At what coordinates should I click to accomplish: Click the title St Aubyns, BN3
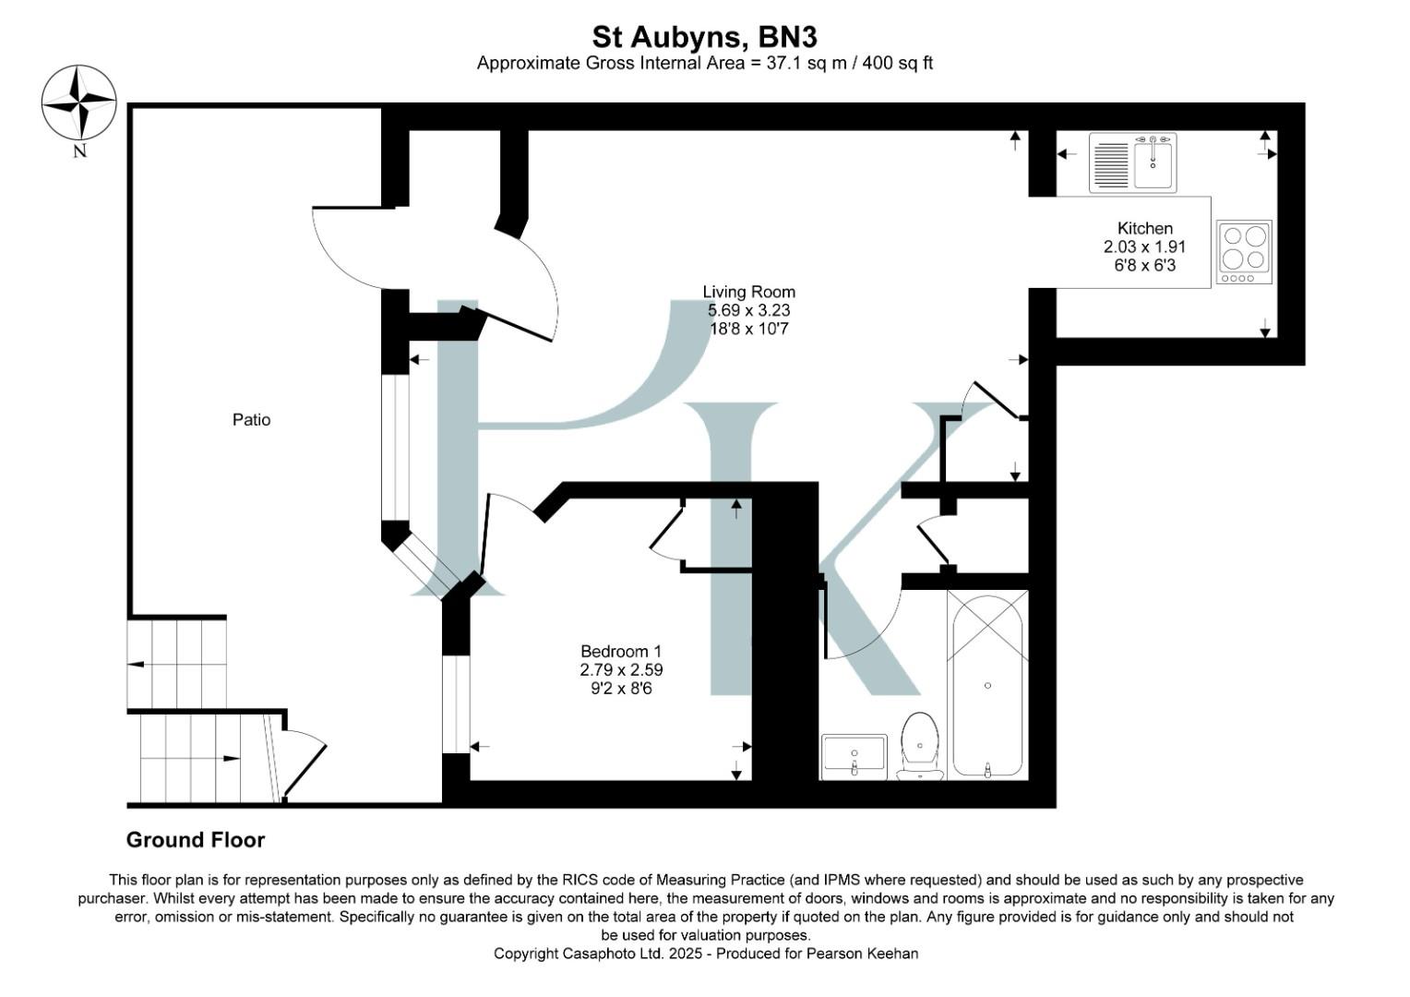[x=704, y=37]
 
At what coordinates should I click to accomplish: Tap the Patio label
[x=251, y=420]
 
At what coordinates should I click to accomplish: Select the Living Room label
[x=748, y=292]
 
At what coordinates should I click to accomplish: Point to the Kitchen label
[x=1144, y=228]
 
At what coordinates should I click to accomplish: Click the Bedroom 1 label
[x=620, y=651]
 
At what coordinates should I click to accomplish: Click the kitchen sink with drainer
[x=1132, y=162]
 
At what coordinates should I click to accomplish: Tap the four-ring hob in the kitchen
[x=1244, y=251]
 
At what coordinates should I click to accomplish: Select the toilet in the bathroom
[x=920, y=745]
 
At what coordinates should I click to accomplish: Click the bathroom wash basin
[x=854, y=756]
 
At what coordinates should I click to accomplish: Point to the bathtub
[x=987, y=685]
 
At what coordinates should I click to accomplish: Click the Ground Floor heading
[x=196, y=840]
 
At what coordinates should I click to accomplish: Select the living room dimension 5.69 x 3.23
[x=748, y=310]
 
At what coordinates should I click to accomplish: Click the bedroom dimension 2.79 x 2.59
[x=621, y=669]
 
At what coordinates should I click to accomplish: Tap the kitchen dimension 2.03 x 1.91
[x=1144, y=246]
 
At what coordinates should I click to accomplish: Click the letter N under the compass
[x=79, y=151]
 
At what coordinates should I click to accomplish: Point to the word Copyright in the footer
[x=526, y=954]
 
